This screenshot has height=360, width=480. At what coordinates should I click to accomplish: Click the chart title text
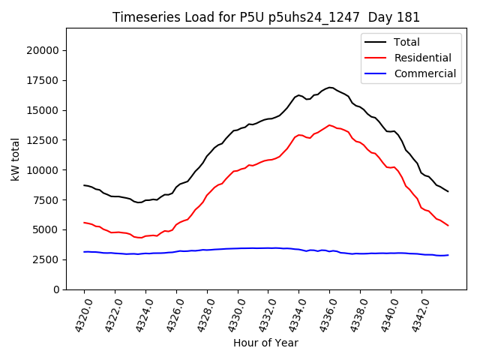pos(266,17)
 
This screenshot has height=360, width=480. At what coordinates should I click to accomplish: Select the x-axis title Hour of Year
pos(265,343)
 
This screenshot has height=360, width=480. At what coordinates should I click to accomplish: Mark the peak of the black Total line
pos(330,87)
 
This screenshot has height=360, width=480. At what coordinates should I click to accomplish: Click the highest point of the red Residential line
pos(329,125)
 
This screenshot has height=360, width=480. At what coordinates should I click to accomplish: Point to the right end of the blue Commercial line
pos(448,255)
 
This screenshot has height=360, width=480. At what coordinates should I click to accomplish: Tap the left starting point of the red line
pos(84,222)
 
